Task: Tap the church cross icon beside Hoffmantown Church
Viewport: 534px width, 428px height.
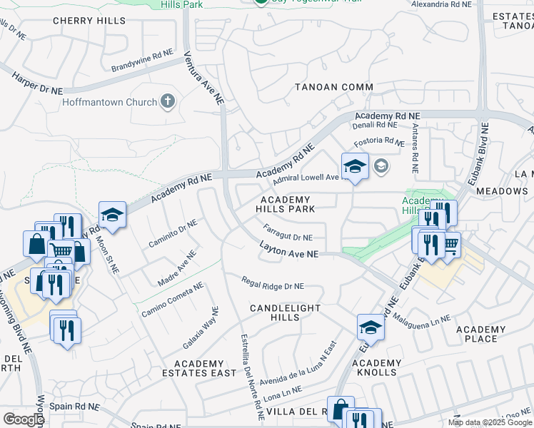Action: (168, 101)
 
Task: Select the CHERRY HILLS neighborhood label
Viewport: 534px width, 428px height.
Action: (89, 21)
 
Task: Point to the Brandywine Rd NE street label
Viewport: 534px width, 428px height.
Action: (142, 61)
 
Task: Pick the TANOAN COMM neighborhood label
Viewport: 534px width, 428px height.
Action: (334, 87)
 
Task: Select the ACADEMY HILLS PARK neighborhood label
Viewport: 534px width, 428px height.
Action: (286, 204)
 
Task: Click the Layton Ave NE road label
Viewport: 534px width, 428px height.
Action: (289, 253)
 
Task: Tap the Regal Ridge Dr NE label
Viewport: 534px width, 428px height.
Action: (273, 285)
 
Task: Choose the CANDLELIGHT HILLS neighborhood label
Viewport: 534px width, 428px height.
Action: (285, 312)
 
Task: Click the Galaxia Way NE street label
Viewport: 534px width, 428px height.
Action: (201, 327)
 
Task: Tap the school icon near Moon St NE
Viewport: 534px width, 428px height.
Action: (112, 215)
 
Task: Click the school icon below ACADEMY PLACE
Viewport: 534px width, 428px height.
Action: (371, 327)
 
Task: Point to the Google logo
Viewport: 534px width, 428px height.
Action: (24, 419)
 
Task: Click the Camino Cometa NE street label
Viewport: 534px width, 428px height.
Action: (172, 300)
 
